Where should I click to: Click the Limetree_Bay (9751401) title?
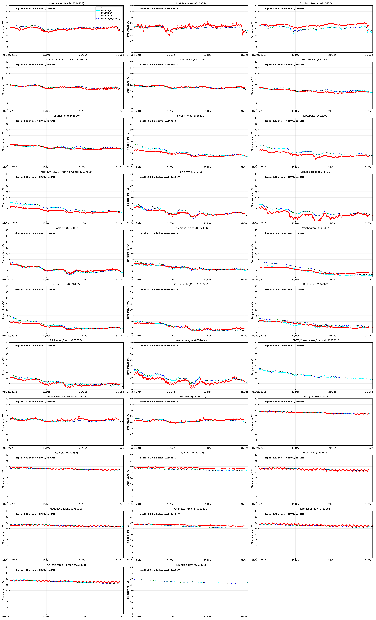[191, 565]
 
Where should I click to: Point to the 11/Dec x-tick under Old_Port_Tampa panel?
[295, 55]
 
